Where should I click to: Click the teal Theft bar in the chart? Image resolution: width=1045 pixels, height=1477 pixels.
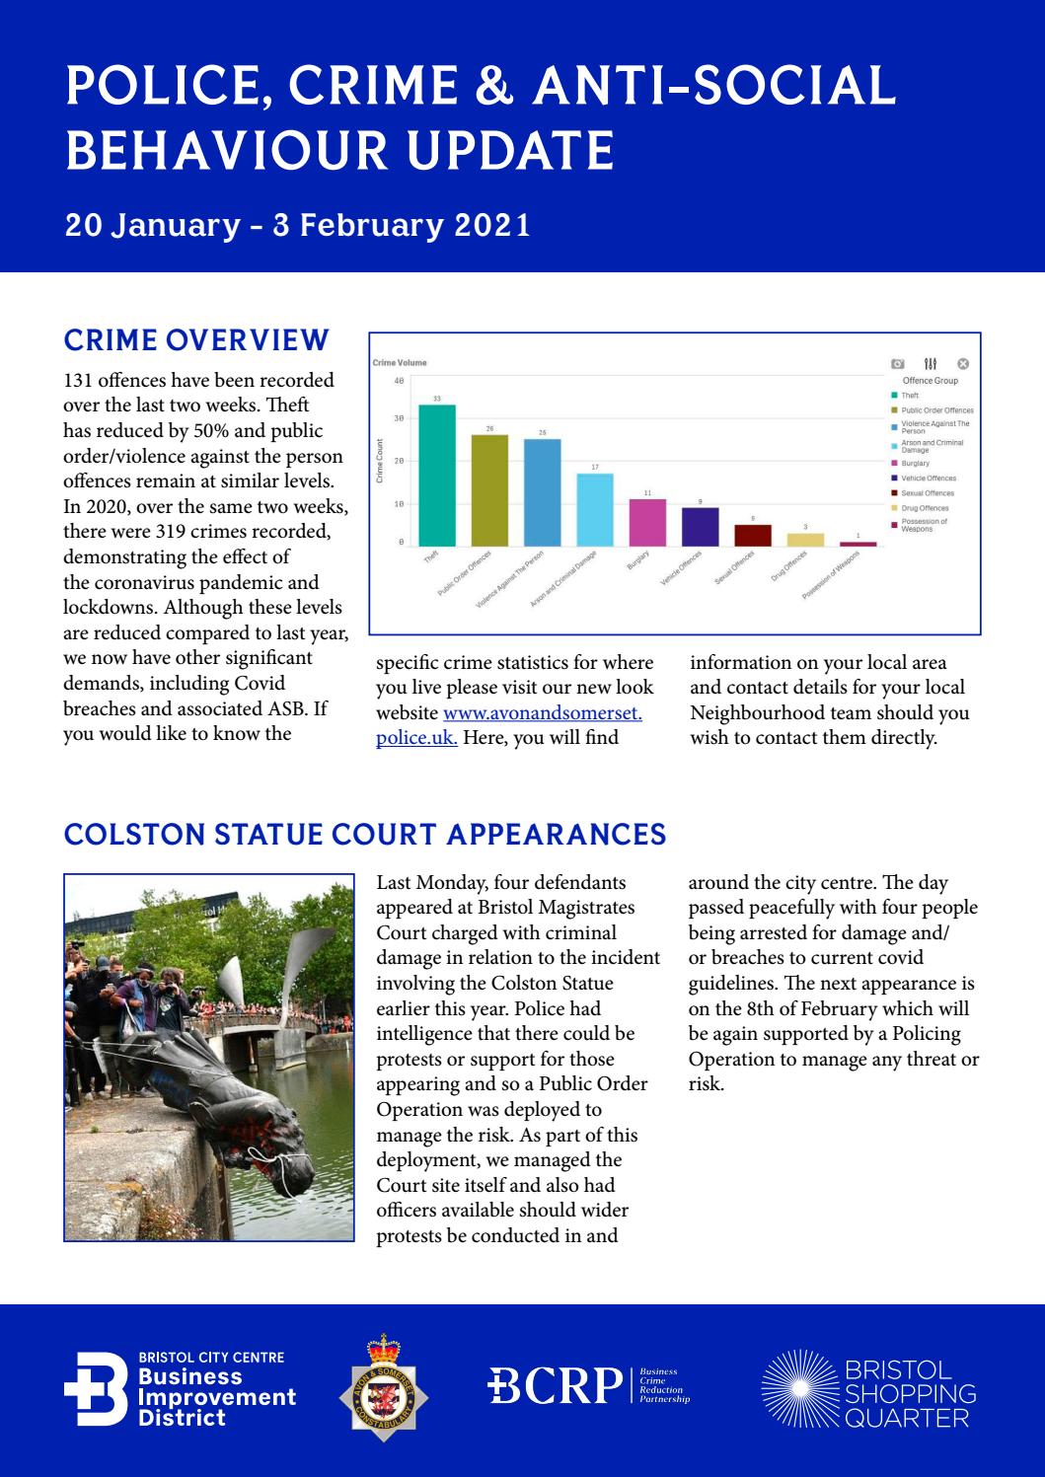pos(437,475)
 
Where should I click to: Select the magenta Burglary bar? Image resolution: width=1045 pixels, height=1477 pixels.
pos(647,522)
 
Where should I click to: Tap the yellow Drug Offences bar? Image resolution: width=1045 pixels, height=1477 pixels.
pos(805,539)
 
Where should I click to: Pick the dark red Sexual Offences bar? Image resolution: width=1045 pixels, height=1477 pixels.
pos(753,535)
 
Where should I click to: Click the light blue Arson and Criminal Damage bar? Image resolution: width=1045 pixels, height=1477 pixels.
pos(595,509)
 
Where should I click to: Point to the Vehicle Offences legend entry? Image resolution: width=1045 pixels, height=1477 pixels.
pos(928,479)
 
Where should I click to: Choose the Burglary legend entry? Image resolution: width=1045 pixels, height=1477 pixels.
pos(915,463)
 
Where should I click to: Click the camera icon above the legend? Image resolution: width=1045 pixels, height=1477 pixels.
pos(897,364)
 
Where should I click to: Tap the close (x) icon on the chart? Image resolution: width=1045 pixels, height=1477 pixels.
pos(964,364)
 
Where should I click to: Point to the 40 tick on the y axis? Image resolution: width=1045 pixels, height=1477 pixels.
pos(399,381)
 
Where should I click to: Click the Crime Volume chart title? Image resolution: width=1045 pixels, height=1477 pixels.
pos(400,363)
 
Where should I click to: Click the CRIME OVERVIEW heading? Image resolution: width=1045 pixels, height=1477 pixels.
pos(195,340)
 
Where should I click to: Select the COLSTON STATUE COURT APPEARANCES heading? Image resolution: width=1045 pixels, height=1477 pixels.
pos(364,835)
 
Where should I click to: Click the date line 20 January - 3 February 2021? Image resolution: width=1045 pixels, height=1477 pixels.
pos(297,226)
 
